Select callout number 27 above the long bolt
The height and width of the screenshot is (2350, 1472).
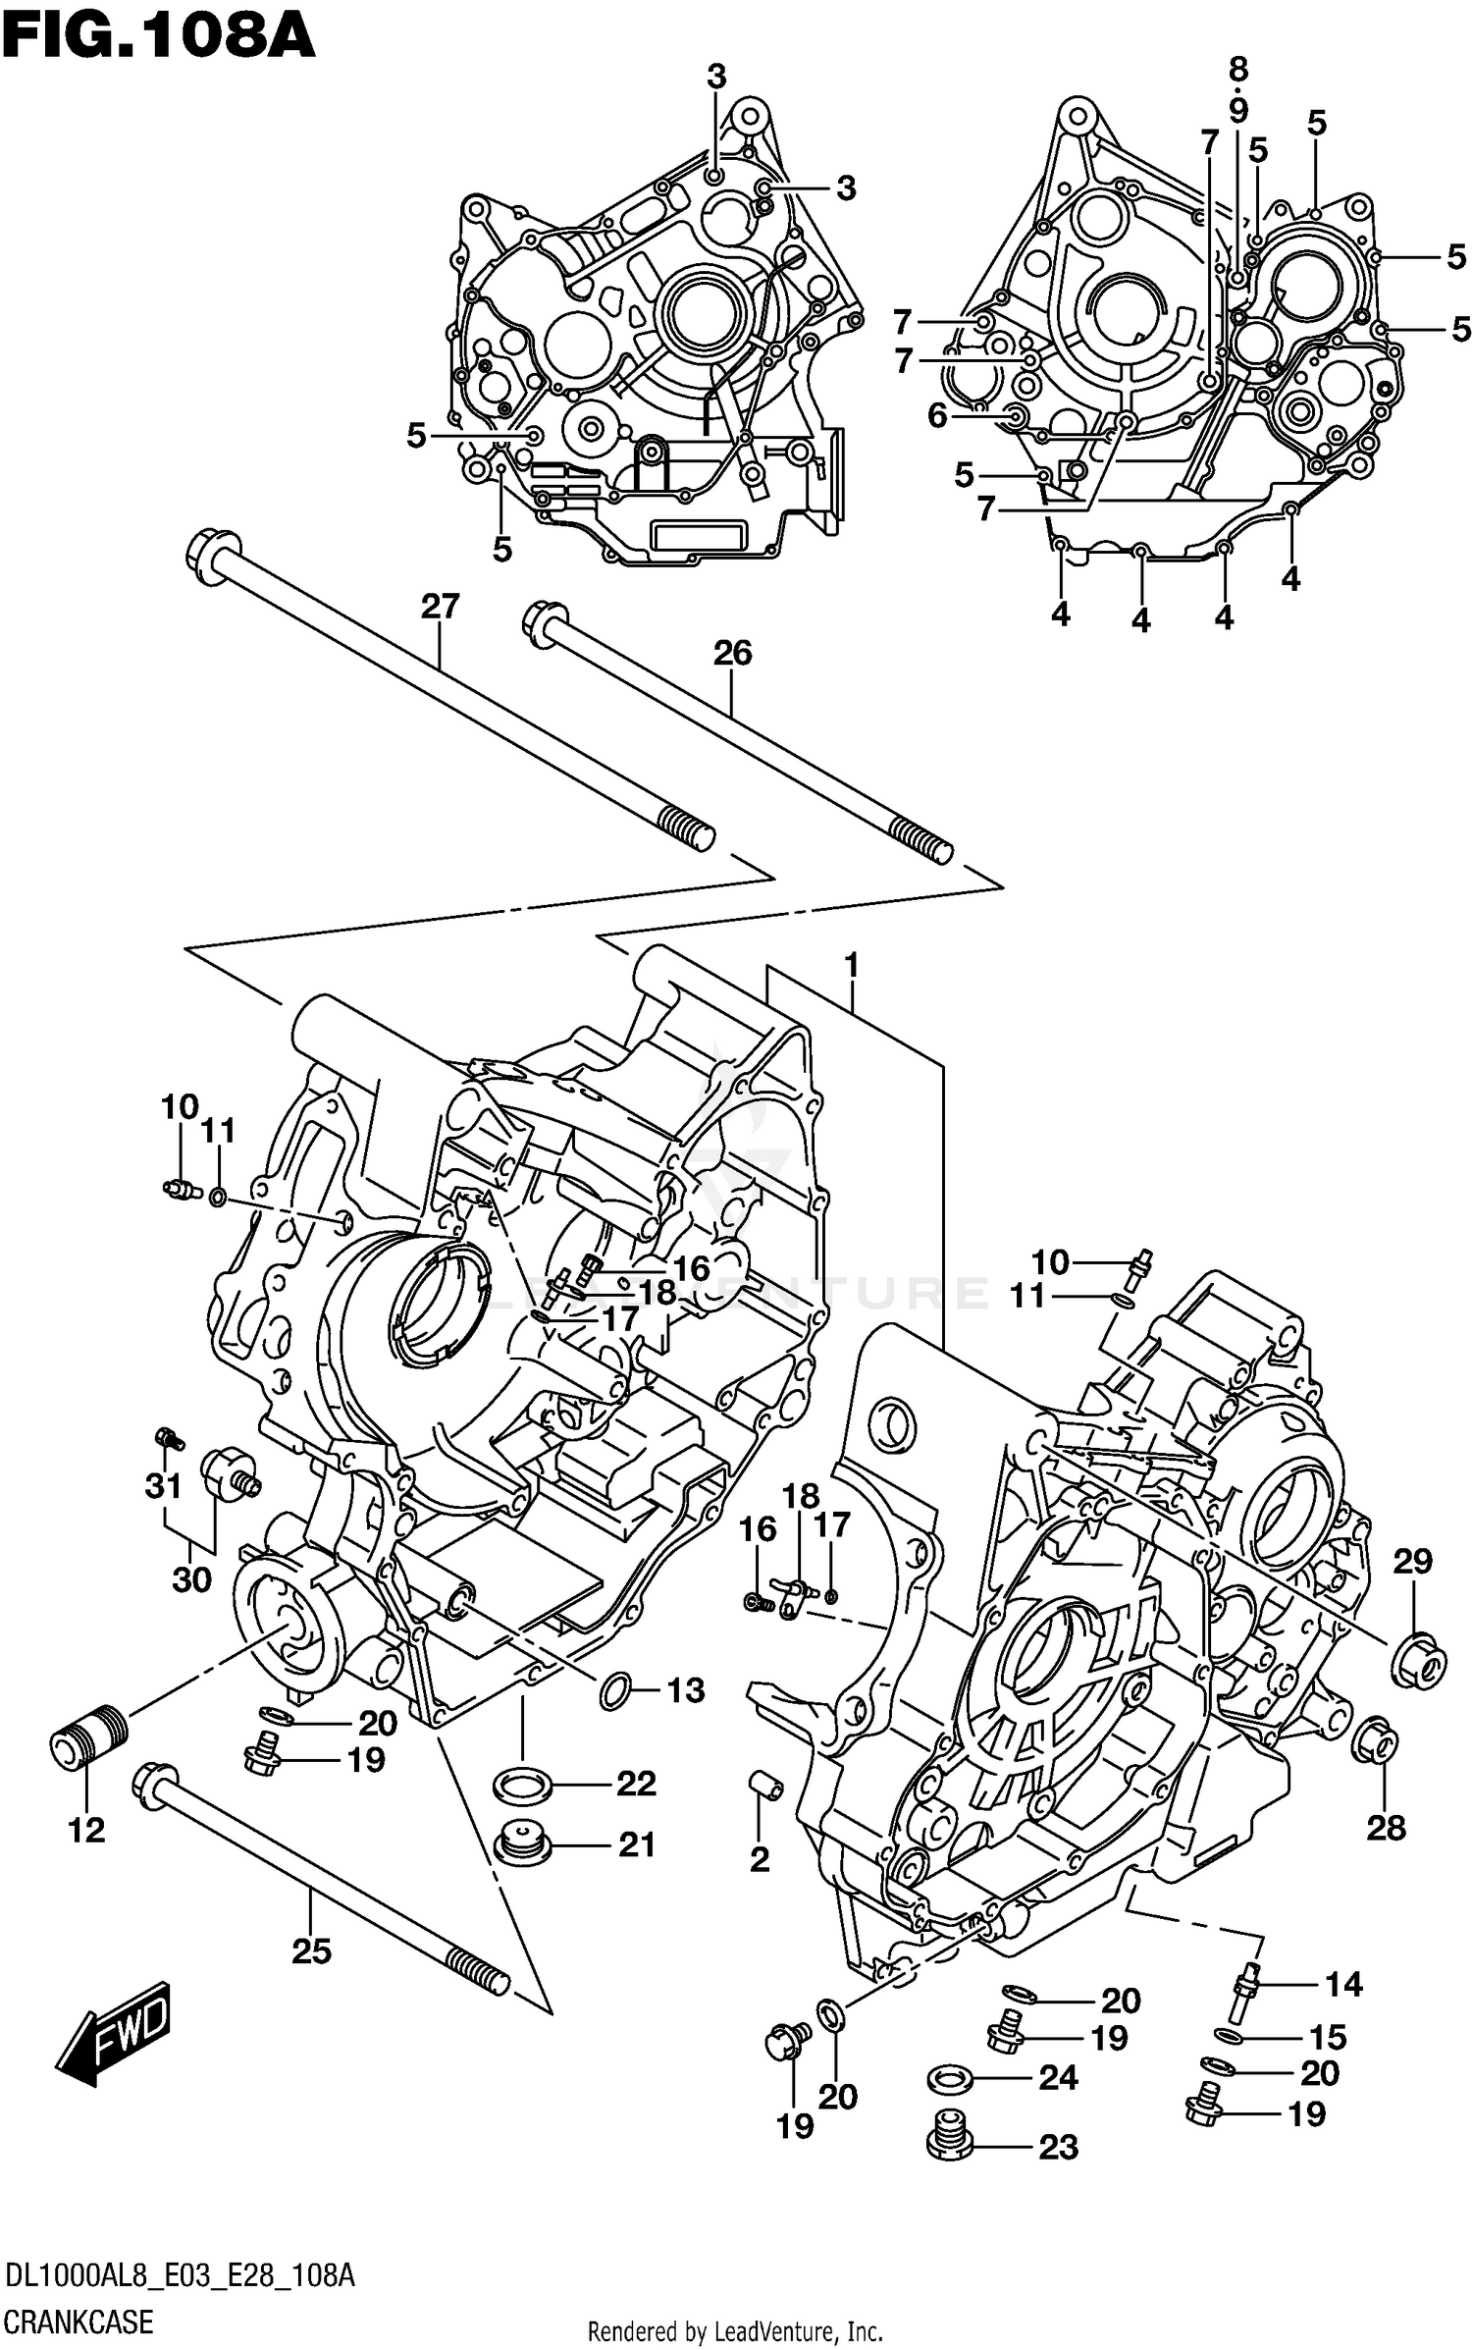(440, 607)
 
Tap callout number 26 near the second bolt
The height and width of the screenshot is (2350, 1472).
(732, 653)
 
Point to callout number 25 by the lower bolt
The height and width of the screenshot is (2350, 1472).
(311, 1950)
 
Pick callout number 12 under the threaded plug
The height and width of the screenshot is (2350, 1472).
(86, 1830)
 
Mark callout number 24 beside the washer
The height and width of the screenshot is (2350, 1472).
(1057, 2077)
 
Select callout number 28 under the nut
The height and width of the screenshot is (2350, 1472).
(1386, 1828)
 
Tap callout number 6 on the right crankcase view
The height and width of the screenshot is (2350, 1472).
(937, 416)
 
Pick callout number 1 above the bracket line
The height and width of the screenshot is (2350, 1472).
(851, 966)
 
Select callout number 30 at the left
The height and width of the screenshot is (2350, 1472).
(191, 1579)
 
